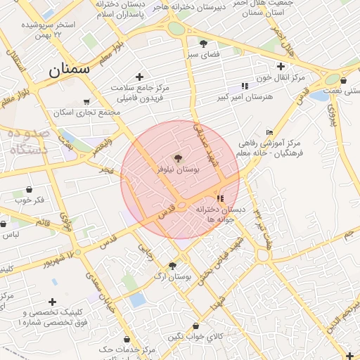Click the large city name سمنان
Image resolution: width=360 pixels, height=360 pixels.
70,69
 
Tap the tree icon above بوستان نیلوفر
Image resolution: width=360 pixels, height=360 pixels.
177,157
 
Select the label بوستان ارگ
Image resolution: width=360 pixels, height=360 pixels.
176,277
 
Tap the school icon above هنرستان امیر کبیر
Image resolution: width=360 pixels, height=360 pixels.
244,85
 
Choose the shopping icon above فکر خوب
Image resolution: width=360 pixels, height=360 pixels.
29,189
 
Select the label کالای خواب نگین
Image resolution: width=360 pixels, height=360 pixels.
195,337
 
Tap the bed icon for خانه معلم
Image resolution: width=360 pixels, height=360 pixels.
270,131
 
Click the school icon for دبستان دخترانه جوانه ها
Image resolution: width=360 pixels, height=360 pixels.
220,199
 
